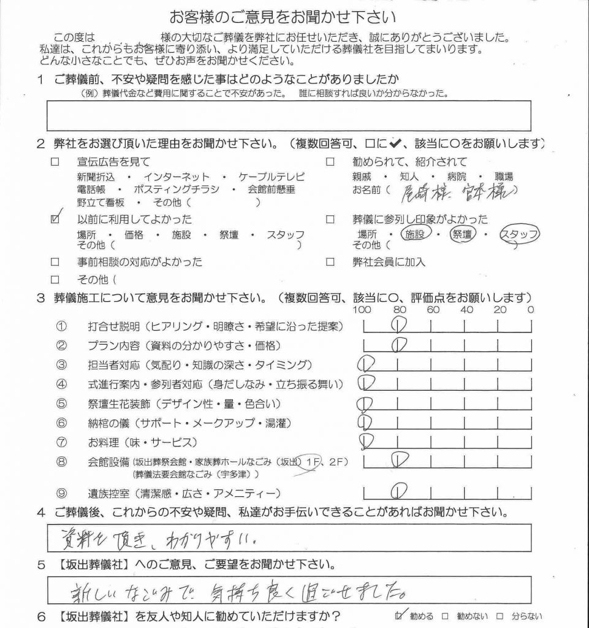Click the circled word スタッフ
[520, 234]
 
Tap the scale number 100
[363, 310]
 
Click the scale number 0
[530, 310]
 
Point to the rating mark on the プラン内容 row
[398, 344]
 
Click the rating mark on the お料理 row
[367, 440]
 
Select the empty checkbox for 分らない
[500, 616]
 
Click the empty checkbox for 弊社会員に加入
[330, 262]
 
